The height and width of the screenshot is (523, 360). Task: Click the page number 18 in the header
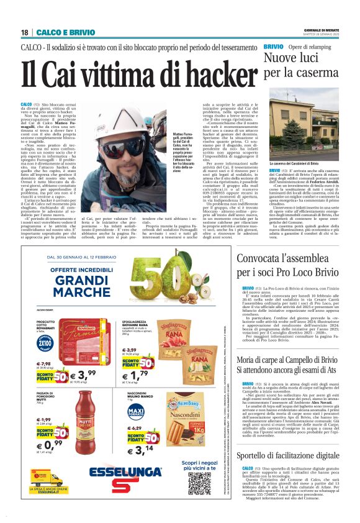point(25,31)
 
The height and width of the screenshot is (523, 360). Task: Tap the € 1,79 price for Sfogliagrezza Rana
point(135,376)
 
